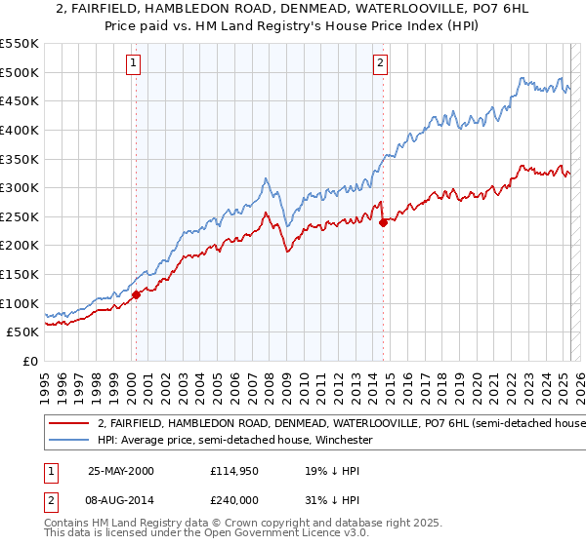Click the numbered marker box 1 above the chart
133,64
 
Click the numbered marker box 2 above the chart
380,64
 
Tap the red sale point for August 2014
383,222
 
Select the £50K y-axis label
23,332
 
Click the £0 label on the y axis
29,361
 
